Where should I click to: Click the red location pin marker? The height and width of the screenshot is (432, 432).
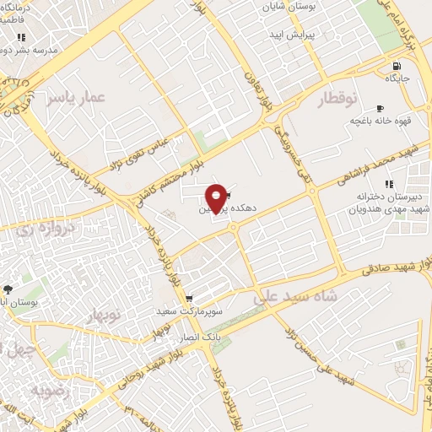[218, 197]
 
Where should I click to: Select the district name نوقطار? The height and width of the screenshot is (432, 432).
[338, 100]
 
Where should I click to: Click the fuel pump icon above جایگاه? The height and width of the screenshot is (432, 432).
[395, 67]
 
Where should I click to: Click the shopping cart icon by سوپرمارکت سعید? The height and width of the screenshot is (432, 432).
[189, 297]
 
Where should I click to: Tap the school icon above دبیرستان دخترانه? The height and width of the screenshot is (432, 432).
[388, 183]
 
